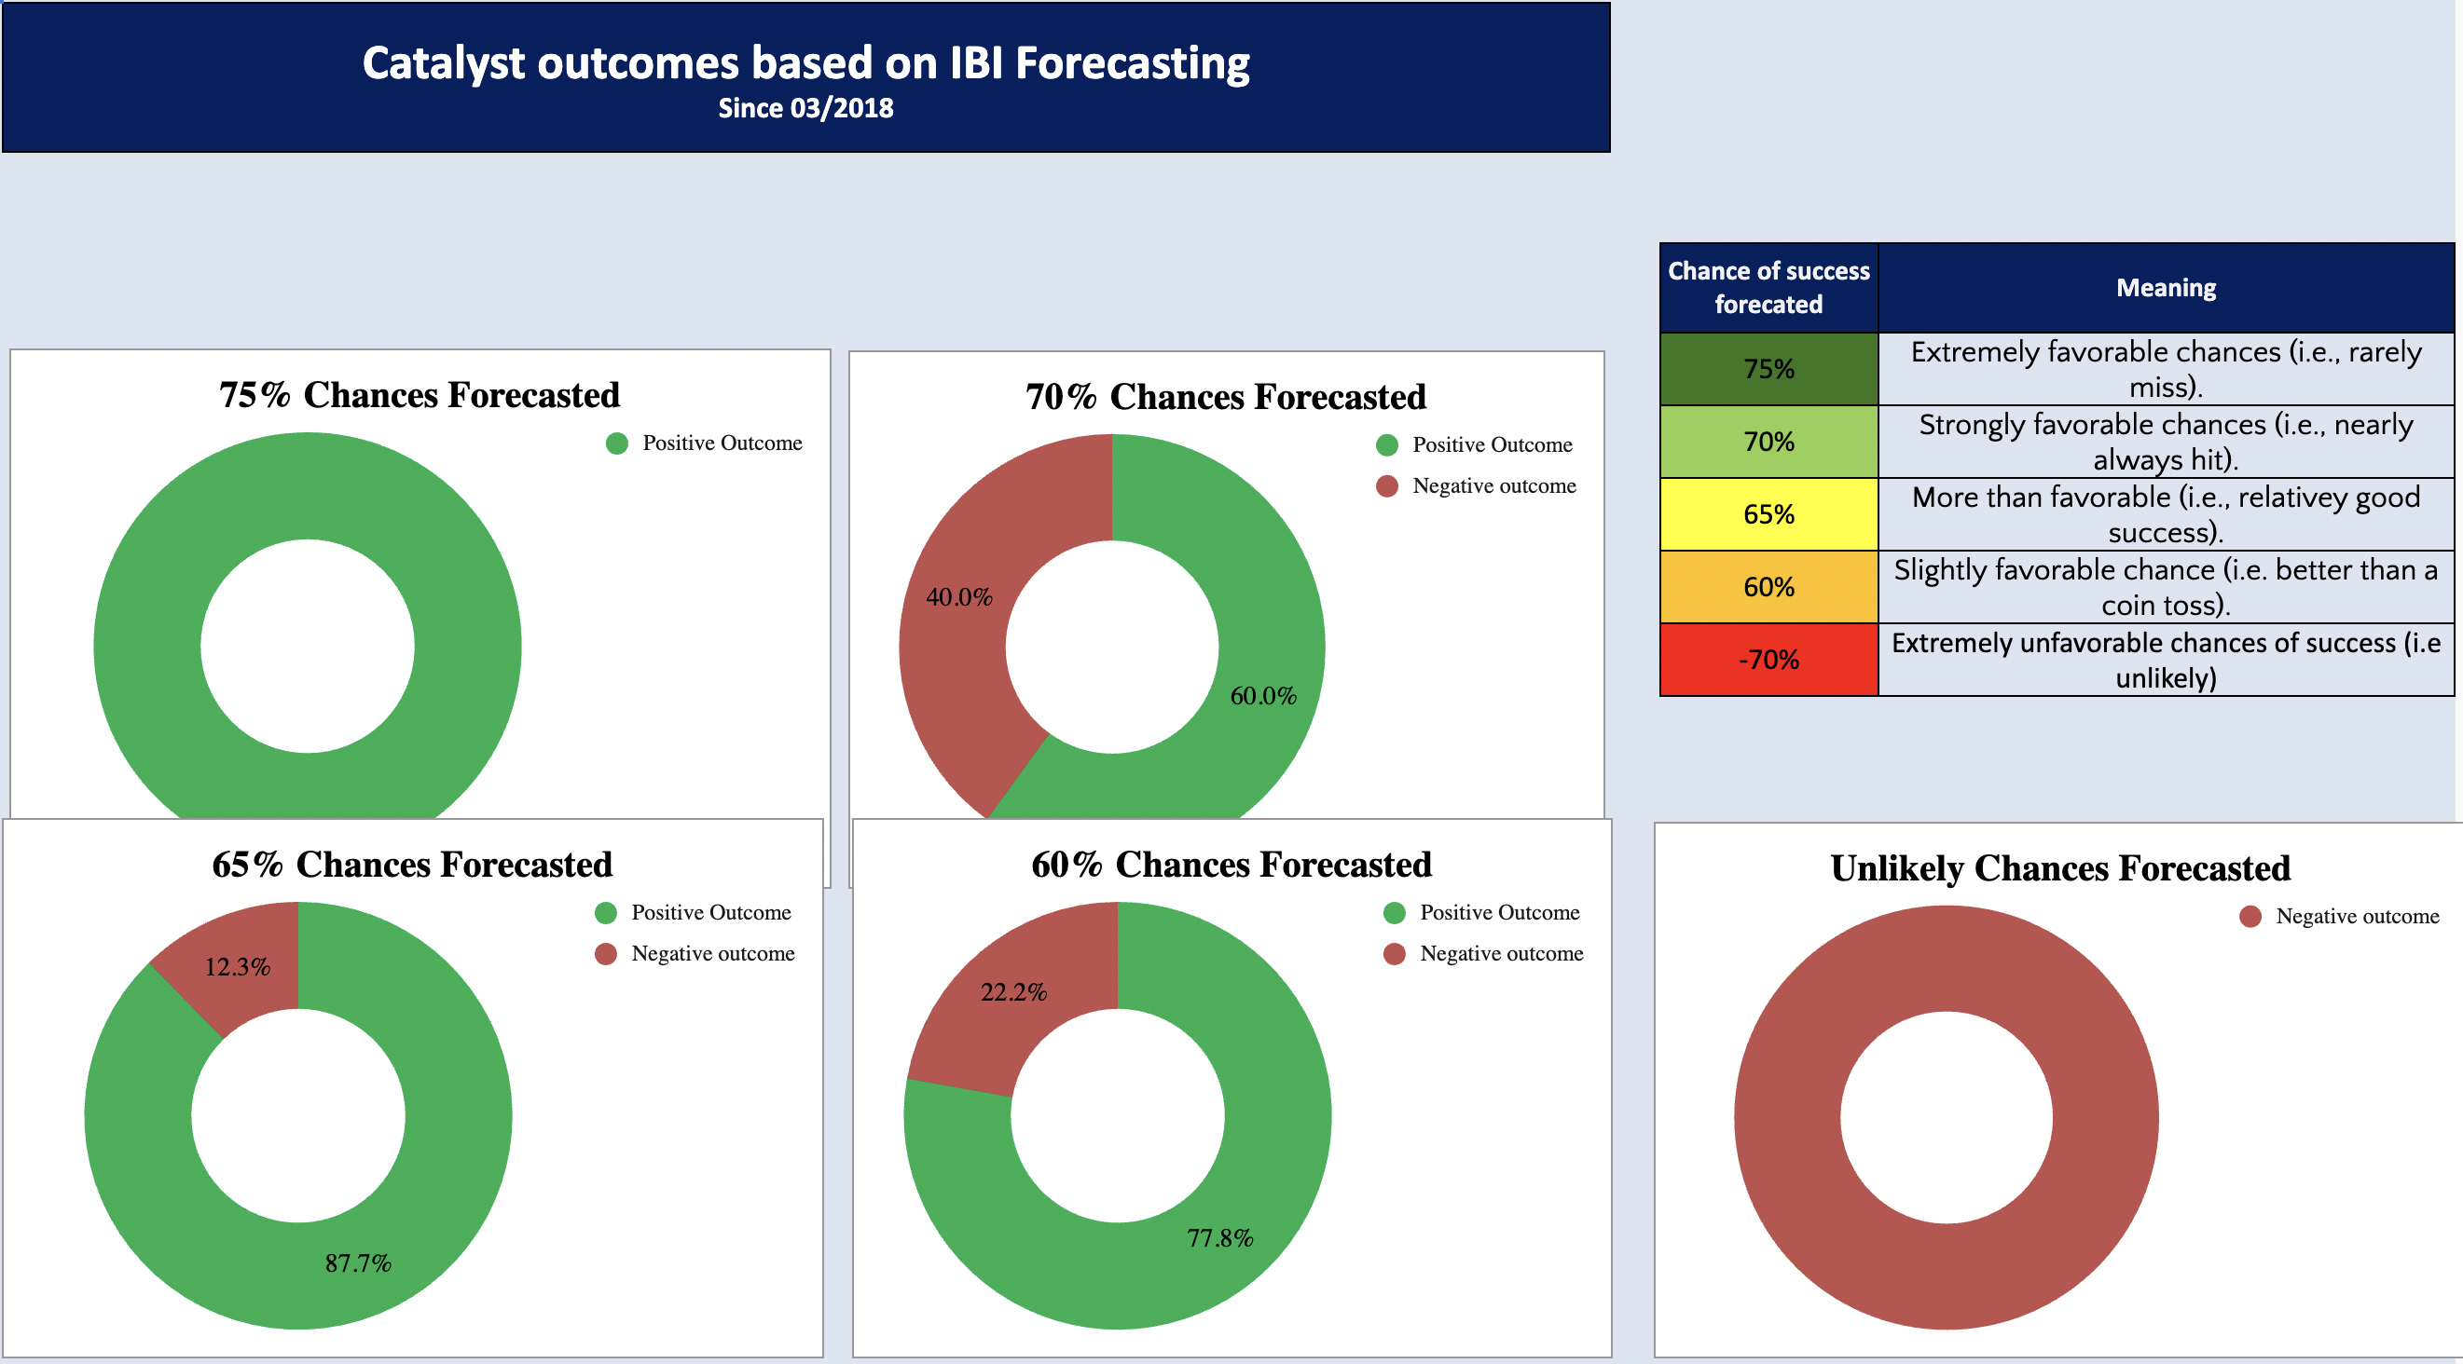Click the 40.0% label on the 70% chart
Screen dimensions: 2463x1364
tap(959, 597)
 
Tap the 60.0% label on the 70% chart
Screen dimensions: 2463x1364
tap(1263, 696)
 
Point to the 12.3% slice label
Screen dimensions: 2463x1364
tap(237, 967)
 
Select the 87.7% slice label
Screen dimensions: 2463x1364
tap(358, 1263)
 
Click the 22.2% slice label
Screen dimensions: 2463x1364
tap(1013, 992)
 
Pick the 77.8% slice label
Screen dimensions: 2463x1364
tap(1220, 1239)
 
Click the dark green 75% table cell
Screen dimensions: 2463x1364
tap(1768, 369)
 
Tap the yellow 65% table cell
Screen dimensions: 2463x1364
tap(1768, 514)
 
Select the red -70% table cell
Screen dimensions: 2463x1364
tap(1768, 660)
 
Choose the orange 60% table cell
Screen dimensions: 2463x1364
tap(1768, 587)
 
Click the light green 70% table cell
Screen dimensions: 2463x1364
tap(1768, 442)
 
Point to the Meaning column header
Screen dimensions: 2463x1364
tap(2166, 288)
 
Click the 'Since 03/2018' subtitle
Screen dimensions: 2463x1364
tap(806, 108)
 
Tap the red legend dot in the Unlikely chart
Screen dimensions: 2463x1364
tap(2250, 917)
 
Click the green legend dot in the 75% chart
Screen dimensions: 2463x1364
tap(617, 443)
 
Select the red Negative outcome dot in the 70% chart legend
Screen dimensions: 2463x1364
tap(1387, 486)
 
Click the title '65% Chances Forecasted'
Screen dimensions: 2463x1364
tap(412, 864)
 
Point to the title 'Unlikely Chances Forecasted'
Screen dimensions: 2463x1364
tap(2060, 868)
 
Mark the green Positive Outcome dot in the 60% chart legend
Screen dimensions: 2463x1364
tap(1395, 913)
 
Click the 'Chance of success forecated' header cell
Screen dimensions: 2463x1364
tap(1768, 288)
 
